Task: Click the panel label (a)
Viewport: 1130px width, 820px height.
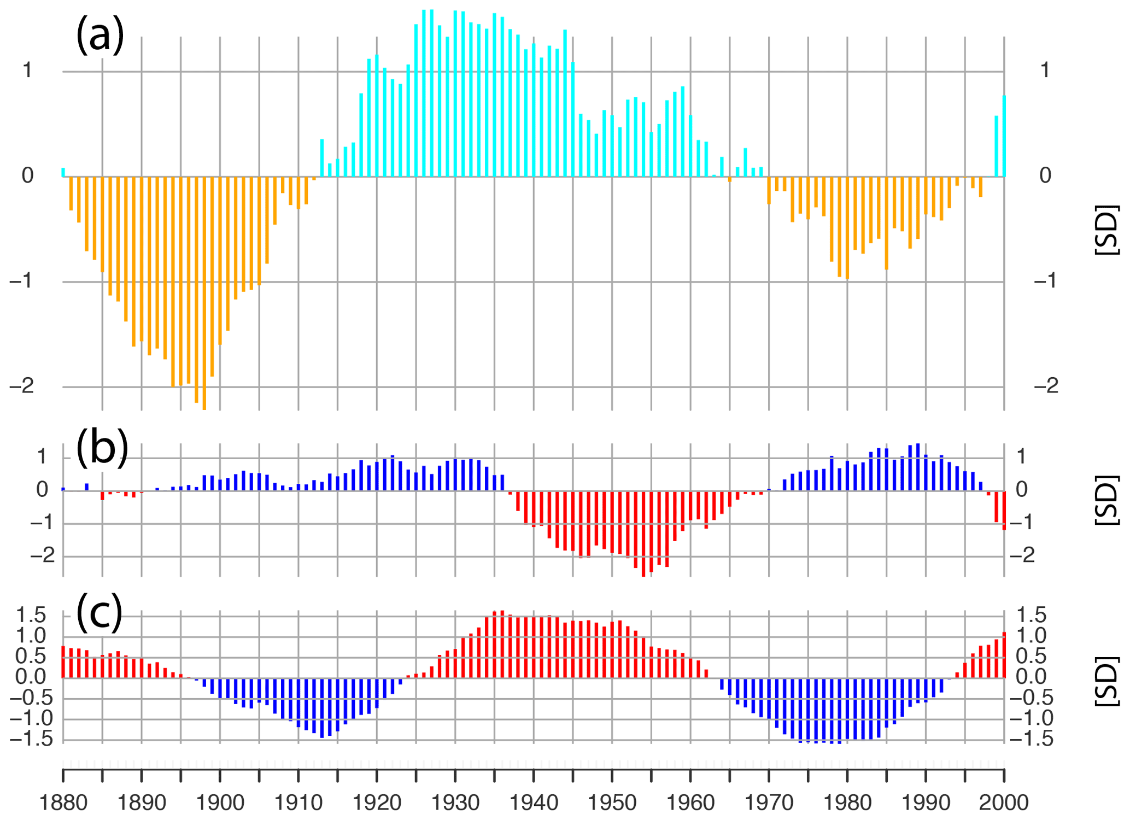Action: point(100,34)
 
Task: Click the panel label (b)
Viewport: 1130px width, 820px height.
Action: point(102,447)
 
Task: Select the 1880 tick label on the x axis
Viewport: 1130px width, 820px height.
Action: point(63,803)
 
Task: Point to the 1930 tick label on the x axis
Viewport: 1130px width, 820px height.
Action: point(455,803)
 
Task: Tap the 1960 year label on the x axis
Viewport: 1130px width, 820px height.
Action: point(690,803)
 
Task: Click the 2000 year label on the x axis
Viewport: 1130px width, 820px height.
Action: point(1004,803)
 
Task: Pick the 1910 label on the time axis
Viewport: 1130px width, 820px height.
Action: point(298,803)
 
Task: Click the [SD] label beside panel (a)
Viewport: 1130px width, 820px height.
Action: point(1108,230)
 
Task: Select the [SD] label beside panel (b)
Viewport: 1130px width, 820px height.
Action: point(1108,501)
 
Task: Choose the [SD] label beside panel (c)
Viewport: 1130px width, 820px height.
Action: point(1108,681)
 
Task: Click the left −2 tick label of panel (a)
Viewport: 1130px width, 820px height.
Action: point(22,386)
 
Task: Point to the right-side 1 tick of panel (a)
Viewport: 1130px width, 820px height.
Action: point(1045,71)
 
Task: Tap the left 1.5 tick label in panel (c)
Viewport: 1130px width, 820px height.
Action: point(31,616)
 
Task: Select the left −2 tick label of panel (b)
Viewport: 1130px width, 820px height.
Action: point(43,556)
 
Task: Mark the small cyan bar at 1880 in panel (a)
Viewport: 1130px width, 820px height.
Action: point(63,172)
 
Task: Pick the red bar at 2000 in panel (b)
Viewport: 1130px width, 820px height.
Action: point(1004,511)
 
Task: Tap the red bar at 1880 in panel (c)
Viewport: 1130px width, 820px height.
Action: point(63,662)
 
